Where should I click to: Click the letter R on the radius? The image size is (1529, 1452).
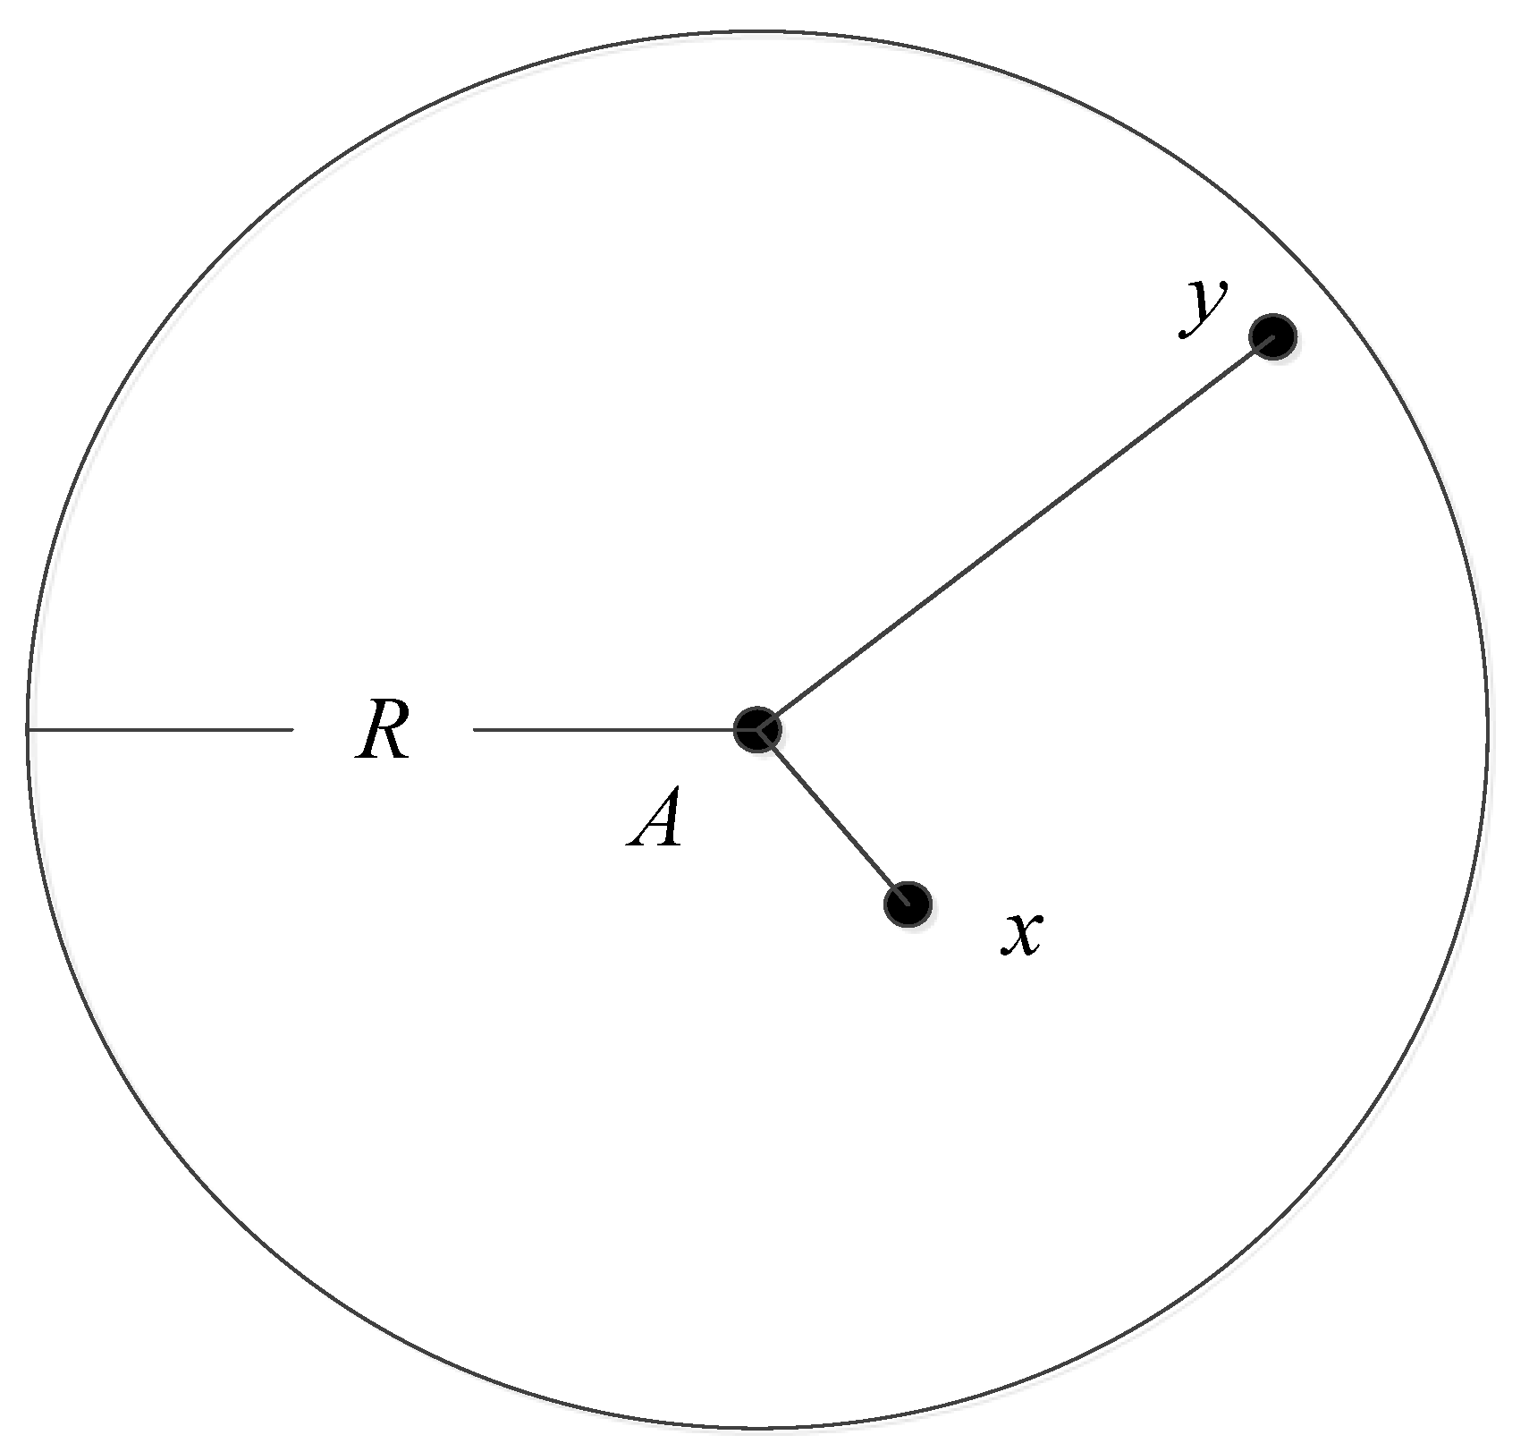(383, 730)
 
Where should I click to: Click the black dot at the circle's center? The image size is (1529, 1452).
(757, 729)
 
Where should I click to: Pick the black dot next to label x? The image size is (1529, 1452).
(908, 904)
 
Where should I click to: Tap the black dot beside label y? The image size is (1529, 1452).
(1272, 336)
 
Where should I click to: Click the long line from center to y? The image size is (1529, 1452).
(1015, 534)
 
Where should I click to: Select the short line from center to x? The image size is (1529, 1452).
(832, 816)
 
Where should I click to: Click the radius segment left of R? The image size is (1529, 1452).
(161, 730)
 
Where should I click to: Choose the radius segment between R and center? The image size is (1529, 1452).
(604, 730)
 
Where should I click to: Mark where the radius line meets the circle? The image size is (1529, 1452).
(29, 730)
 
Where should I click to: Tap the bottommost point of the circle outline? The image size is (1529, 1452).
(756, 1428)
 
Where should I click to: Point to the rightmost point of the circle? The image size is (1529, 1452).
(1488, 730)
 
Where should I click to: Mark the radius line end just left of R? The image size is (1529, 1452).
(291, 730)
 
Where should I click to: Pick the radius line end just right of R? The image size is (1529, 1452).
(474, 730)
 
